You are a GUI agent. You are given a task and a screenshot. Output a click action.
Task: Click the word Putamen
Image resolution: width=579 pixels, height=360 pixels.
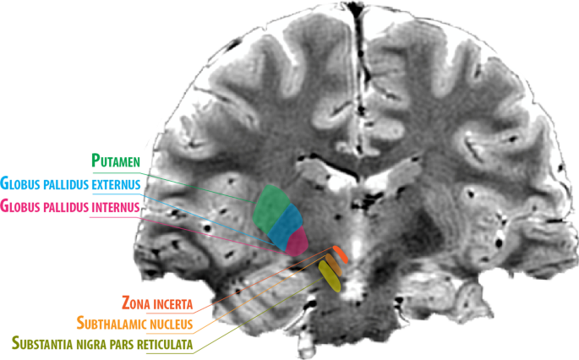click(117, 161)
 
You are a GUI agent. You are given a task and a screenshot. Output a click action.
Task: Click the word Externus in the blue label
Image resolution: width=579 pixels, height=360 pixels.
click(111, 183)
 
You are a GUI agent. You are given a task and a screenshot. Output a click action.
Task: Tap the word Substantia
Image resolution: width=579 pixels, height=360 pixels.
click(46, 344)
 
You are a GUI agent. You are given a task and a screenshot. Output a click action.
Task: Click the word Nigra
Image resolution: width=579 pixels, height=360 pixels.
click(101, 344)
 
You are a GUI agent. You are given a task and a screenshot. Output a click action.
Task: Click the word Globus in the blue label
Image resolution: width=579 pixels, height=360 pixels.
click(19, 183)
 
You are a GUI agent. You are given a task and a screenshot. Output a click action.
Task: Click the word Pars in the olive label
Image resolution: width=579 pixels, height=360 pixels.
click(132, 344)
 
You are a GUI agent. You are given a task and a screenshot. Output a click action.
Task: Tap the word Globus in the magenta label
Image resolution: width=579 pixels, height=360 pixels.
click(19, 205)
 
